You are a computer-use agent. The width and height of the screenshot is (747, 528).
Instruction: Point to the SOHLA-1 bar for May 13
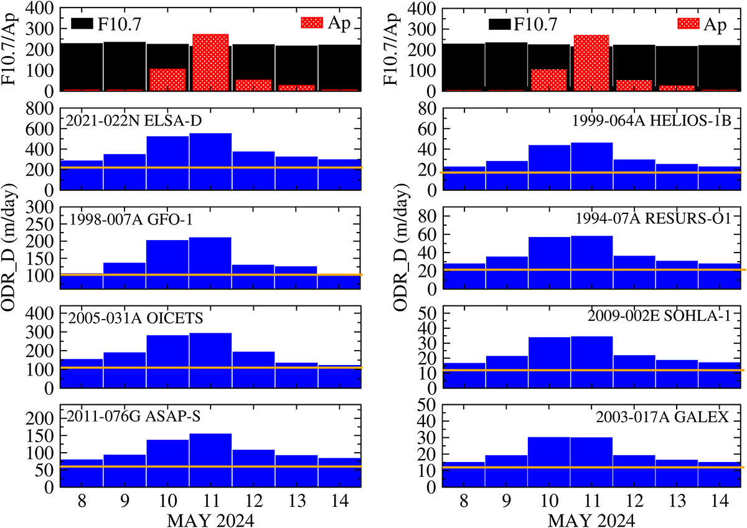point(677,374)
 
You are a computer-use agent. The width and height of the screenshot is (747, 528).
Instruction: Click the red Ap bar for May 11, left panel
point(210,62)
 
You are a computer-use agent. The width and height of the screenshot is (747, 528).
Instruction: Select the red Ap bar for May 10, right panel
point(548,80)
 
